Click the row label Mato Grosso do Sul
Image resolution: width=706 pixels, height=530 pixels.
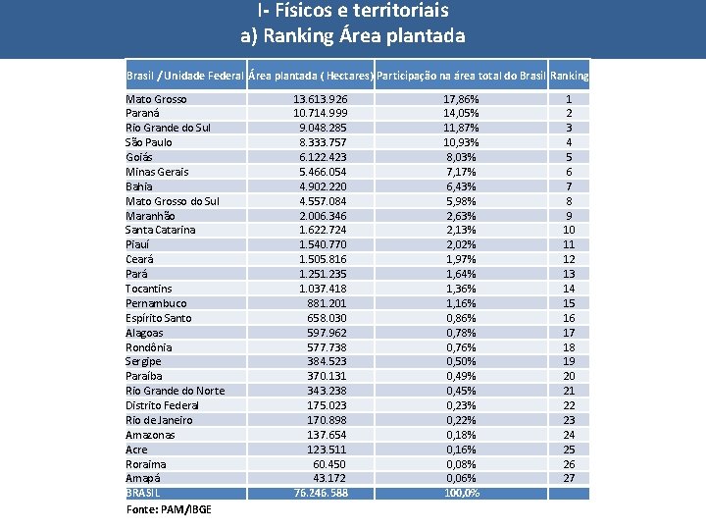[173, 201]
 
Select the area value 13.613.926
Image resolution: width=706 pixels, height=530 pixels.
[320, 99]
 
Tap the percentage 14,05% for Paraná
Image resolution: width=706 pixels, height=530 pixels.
[461, 114]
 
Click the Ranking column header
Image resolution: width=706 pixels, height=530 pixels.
[570, 76]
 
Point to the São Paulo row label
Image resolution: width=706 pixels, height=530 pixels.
[149, 142]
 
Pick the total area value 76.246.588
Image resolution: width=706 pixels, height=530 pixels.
[321, 493]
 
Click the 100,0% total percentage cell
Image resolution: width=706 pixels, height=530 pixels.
[461, 493]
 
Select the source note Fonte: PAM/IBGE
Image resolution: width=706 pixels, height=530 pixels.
[169, 509]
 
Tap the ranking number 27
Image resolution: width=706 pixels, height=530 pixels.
[569, 478]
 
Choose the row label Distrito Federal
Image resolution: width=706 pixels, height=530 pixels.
[162, 405]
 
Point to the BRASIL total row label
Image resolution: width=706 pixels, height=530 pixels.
[143, 493]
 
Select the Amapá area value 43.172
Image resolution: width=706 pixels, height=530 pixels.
[328, 478]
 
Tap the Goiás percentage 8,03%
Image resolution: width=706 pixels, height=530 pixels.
[461, 157]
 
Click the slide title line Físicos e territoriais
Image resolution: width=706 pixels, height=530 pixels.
[353, 12]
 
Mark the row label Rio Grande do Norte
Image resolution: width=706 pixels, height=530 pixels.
[175, 391]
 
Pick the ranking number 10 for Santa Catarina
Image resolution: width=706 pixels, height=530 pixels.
[569, 230]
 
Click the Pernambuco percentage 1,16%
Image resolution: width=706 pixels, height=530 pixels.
[461, 303]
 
